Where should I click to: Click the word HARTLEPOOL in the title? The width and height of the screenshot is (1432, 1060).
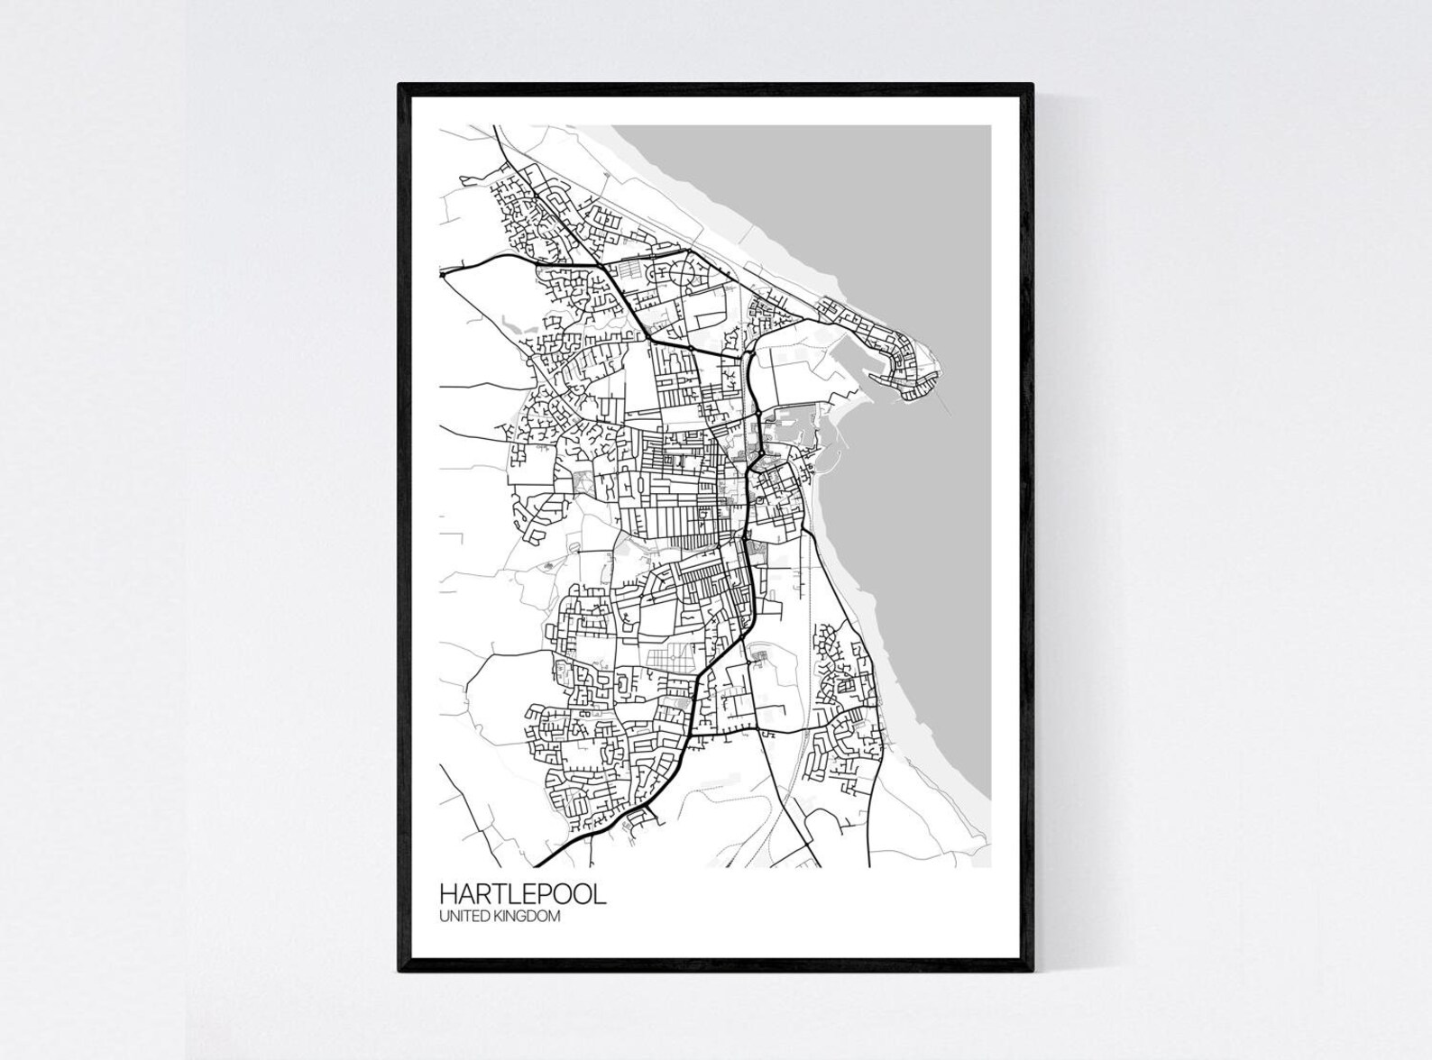(522, 894)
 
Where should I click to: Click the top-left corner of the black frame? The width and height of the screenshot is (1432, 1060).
(399, 85)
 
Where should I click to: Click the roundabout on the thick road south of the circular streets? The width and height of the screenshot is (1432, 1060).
(690, 347)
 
